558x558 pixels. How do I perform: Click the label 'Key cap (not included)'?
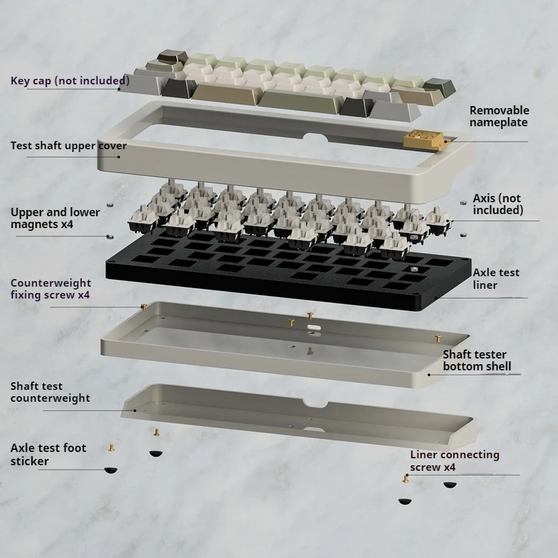click(x=70, y=80)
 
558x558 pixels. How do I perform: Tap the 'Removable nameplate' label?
click(x=499, y=116)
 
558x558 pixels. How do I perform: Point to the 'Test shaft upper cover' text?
click(x=68, y=146)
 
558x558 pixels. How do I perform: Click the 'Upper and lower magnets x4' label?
click(x=55, y=218)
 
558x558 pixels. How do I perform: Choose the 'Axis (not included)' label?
click(x=497, y=204)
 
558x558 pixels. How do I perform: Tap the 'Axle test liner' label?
click(x=496, y=279)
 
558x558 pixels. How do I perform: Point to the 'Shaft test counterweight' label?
click(x=50, y=392)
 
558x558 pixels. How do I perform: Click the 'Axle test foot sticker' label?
click(x=48, y=454)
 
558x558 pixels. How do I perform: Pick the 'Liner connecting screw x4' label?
click(x=454, y=460)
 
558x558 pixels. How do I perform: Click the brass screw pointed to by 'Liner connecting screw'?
click(x=406, y=478)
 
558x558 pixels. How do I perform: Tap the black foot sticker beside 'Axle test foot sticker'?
click(x=111, y=469)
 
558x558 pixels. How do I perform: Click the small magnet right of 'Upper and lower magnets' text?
click(x=110, y=204)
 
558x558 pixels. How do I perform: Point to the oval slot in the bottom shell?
click(x=312, y=326)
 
